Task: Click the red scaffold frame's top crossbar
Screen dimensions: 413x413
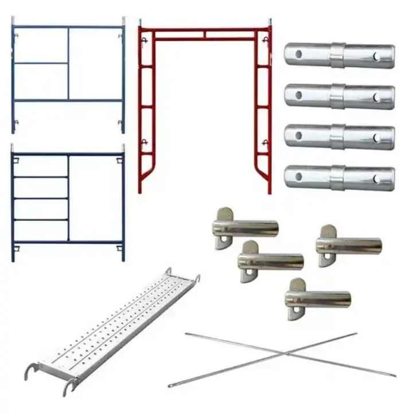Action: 205,29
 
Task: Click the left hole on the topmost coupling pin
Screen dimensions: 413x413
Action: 298,54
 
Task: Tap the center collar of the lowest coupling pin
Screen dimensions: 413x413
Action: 337,177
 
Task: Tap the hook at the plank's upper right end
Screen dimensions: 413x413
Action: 197,279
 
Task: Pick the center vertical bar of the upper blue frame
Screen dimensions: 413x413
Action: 69,64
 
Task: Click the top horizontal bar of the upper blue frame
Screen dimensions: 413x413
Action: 68,26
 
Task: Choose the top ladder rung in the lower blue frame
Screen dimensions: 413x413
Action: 41,177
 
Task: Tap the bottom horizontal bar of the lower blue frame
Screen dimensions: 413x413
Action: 68,241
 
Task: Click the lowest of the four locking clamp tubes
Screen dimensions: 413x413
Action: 318,299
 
